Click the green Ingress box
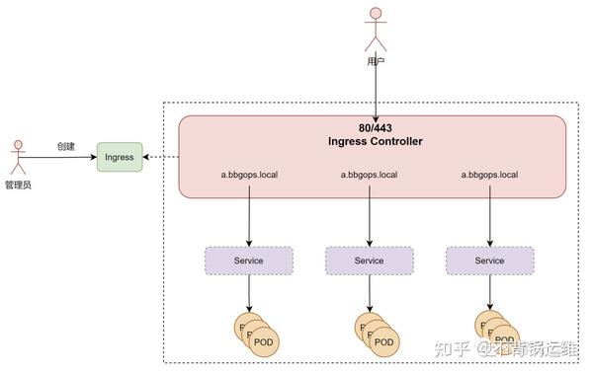pyautogui.click(x=120, y=157)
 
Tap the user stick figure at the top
pyautogui.click(x=375, y=29)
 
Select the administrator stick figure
pyautogui.click(x=17, y=157)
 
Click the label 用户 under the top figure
pyautogui.click(x=375, y=61)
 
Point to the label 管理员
pyautogui.click(x=17, y=185)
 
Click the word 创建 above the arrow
pyautogui.click(x=66, y=146)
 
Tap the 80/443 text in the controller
pyautogui.click(x=375, y=127)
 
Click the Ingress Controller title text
pyautogui.click(x=375, y=141)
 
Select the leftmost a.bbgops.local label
pyautogui.click(x=249, y=175)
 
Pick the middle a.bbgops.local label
pyautogui.click(x=370, y=175)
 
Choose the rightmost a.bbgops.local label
pyautogui.click(x=490, y=175)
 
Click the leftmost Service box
pyautogui.click(x=248, y=261)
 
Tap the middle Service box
pyautogui.click(x=369, y=261)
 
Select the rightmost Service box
pyautogui.click(x=489, y=261)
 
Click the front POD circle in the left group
pyautogui.click(x=264, y=341)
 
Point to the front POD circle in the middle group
pyautogui.click(x=384, y=341)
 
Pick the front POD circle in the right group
pyautogui.click(x=505, y=341)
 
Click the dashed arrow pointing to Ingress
pyautogui.click(x=161, y=157)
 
